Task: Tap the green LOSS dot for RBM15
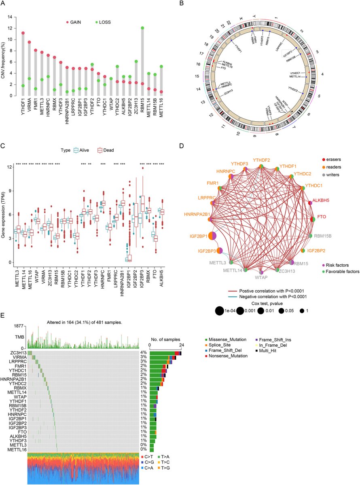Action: pos(142,28)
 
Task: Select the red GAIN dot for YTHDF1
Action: pos(23,33)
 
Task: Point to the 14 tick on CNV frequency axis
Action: pos(12,17)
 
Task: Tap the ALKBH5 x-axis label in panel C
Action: pos(163,281)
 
